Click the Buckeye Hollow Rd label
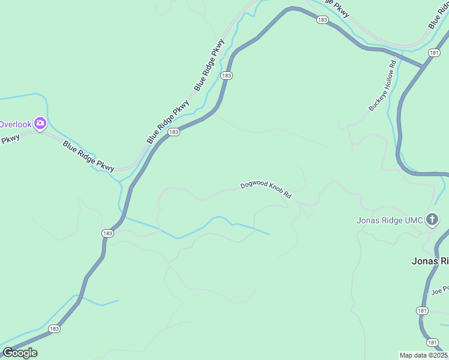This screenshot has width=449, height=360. [x=382, y=85]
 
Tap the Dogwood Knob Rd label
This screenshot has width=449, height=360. [x=265, y=190]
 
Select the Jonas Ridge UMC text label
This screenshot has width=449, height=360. [x=390, y=220]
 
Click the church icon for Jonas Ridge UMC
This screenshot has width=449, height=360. [x=432, y=220]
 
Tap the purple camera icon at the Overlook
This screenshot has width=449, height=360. [x=40, y=124]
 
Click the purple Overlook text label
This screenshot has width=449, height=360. [x=15, y=124]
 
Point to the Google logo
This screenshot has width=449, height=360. [x=20, y=353]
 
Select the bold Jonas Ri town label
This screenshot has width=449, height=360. [x=430, y=261]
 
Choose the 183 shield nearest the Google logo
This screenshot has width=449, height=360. [x=54, y=329]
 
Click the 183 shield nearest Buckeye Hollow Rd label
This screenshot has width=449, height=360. [x=323, y=20]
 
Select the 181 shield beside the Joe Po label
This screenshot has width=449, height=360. [x=422, y=310]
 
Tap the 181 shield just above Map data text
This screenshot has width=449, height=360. [x=433, y=341]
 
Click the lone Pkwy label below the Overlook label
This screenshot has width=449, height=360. [x=10, y=139]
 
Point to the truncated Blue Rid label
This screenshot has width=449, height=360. [x=438, y=14]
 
